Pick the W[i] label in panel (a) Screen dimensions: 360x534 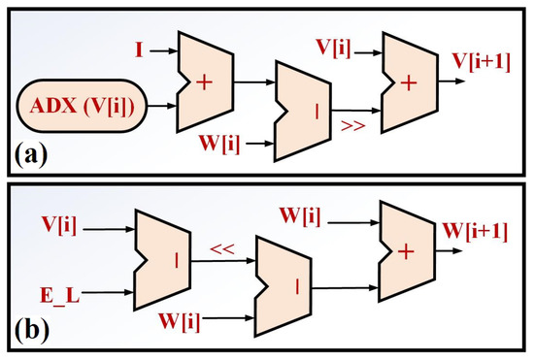click(219, 146)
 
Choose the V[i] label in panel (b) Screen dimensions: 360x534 click(59, 226)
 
